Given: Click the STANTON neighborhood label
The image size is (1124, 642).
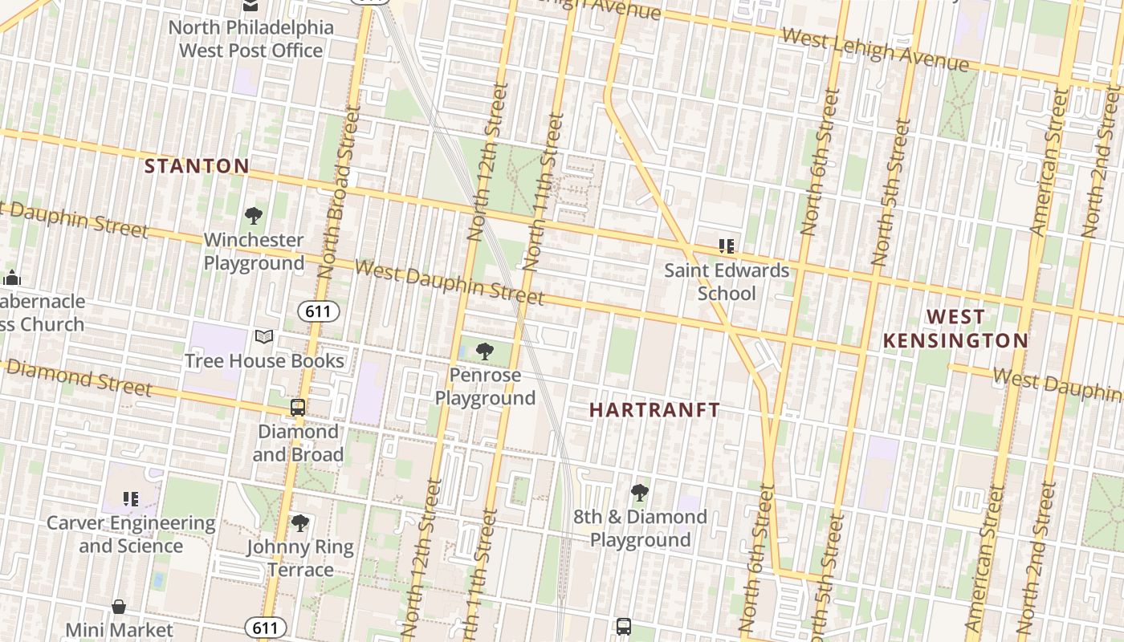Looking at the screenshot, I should coord(197,166).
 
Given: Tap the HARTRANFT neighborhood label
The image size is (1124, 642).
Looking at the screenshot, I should coord(654,410).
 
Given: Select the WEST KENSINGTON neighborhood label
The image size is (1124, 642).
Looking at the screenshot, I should coord(955,328).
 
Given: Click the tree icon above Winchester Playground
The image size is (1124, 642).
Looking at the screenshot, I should coord(254,216).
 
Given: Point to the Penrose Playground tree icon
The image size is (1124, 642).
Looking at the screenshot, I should coord(484,351).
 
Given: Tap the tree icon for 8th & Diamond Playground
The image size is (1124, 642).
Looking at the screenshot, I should coord(640,493).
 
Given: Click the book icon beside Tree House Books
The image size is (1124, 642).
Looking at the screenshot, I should coord(264,337).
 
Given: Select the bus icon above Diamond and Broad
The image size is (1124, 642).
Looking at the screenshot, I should coord(298,408).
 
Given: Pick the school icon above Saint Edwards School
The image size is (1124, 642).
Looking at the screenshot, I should coord(727,246).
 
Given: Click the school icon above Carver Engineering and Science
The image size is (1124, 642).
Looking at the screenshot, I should coord(131,499).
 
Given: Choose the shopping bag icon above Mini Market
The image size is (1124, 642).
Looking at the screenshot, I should coord(119,607).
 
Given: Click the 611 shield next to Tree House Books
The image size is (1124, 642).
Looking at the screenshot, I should coord(319,311).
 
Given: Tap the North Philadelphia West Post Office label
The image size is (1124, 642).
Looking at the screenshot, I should coord(250,39).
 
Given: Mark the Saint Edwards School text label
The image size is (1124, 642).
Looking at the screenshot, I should coord(727,282).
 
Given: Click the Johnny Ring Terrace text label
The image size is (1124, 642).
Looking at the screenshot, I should coord(300,559).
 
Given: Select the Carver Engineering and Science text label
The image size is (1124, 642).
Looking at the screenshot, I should coord(131,534).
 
